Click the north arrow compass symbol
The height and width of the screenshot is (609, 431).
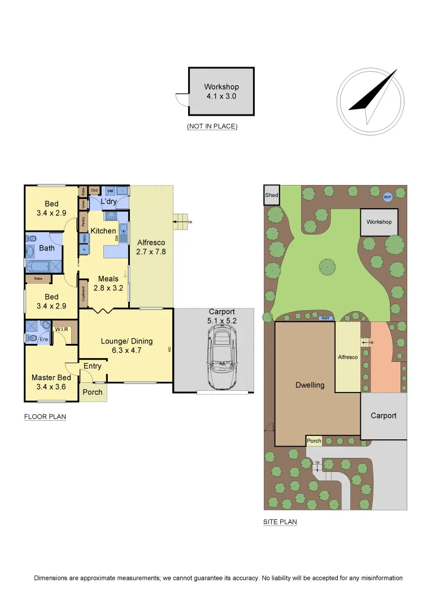coord(371,102)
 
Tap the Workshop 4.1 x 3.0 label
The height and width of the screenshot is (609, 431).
coord(221,91)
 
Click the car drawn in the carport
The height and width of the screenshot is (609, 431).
coord(221,358)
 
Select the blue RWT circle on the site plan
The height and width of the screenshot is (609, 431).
coord(388,197)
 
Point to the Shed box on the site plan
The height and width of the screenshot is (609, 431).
coord(272,195)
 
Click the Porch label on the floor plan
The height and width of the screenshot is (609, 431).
coord(93,392)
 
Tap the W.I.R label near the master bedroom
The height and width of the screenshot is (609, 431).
coord(61,329)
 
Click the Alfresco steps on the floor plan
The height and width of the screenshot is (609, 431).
coord(181,220)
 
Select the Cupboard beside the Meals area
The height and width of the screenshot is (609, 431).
coord(84,293)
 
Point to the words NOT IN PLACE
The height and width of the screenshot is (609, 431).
coord(212,127)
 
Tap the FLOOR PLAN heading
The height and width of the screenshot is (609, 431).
coord(45,417)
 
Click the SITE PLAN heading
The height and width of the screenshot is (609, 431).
coord(280,522)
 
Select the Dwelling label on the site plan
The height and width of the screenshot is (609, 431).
coord(310,385)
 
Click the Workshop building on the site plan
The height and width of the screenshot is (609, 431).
coord(379,222)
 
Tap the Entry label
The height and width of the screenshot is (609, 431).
coord(93,366)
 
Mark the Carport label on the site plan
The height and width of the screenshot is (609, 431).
coord(384,416)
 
